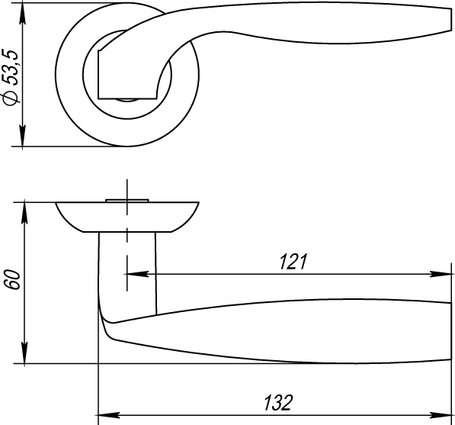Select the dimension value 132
[277, 402]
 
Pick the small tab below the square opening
[127, 98]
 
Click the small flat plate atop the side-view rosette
[127, 200]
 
